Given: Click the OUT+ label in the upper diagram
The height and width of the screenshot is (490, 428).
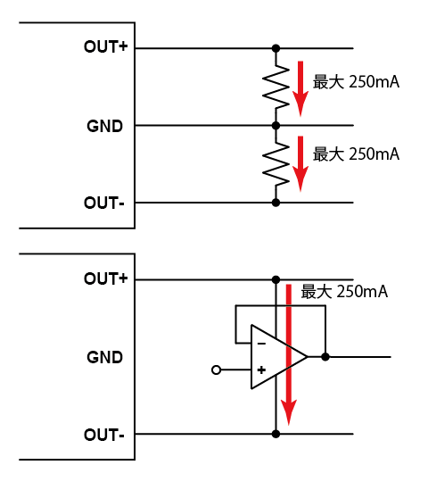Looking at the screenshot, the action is (x=105, y=46).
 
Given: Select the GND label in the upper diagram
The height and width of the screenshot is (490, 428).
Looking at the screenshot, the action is (x=104, y=126).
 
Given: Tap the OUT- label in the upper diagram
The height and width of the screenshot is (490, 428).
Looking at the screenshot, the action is (x=104, y=203).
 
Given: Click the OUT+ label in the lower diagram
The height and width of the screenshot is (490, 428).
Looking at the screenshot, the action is (x=105, y=278).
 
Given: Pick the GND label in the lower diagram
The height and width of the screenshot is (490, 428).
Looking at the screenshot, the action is (x=104, y=357).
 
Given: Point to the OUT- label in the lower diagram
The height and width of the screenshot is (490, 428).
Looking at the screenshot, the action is (x=104, y=435).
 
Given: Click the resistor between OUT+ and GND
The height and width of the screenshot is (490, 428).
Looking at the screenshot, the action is (x=276, y=87).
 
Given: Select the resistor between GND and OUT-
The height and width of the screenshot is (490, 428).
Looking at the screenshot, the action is (x=276, y=163).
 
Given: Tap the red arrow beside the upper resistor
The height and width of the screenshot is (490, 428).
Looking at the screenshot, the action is (x=300, y=88).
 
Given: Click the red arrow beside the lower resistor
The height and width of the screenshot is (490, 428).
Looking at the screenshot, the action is (x=300, y=163).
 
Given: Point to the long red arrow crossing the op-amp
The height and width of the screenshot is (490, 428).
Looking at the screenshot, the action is (x=289, y=354).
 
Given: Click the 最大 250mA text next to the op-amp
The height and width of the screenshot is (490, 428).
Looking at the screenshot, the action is (x=344, y=292).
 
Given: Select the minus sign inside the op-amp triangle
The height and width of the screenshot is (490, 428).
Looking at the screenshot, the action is (x=261, y=344).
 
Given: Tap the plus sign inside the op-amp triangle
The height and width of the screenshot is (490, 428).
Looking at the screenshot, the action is (x=261, y=370).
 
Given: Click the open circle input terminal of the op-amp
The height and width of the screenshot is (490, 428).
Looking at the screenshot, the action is (x=216, y=370).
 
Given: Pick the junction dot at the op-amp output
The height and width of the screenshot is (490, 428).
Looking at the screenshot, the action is (x=325, y=356).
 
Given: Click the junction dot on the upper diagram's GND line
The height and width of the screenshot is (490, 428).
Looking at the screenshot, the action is (x=276, y=126).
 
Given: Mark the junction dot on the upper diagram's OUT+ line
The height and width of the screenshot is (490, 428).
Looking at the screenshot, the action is (x=276, y=48).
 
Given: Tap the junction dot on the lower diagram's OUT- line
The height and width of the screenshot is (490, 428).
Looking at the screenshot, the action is (x=276, y=434).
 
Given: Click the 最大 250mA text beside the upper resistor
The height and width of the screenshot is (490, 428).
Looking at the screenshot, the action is (x=356, y=82).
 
